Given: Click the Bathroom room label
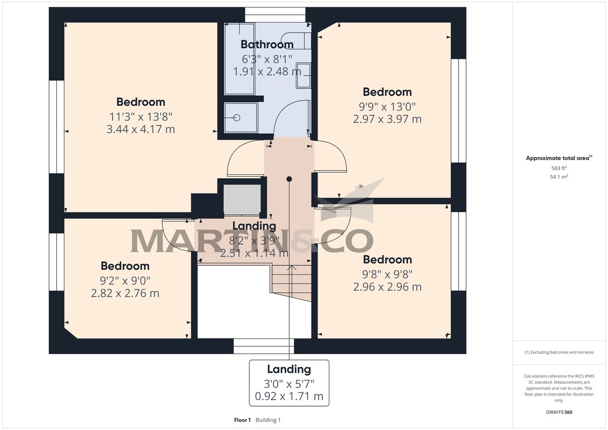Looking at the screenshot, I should pos(267,44).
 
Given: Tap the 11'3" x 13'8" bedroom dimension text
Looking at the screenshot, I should pos(140,116).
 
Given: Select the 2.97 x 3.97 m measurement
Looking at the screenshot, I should pos(387,120).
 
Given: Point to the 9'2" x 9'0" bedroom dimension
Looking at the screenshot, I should pos(125,280).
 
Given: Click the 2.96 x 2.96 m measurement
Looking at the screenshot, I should pos(387,287).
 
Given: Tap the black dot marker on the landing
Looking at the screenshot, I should pos(289,179).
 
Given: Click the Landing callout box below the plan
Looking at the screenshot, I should pos(289,383).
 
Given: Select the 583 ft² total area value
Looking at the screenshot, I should pos(559,168).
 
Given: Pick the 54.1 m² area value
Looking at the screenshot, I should pos(559,177).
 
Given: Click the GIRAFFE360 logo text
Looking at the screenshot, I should pos(559,412).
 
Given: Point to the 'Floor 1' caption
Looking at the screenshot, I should pos(242,420).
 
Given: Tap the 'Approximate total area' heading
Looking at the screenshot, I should pos(558,159).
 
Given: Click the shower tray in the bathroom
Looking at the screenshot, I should pos(241,118).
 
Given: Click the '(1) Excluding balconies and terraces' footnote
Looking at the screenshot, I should pos(559,352).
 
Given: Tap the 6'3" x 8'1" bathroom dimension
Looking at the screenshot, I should pos(267,58).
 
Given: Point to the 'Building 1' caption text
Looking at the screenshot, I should pos(268,420).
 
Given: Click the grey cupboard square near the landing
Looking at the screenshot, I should pos(242,199).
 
